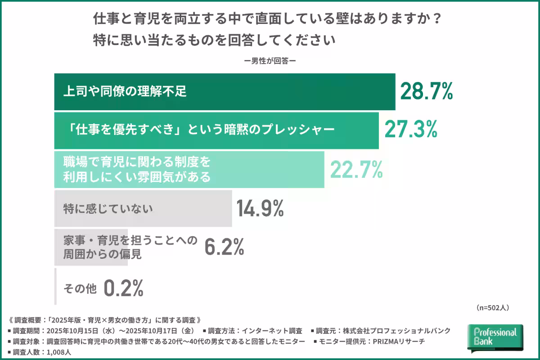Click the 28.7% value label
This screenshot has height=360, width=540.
coord(426,92)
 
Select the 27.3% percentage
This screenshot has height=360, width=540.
coord(410,130)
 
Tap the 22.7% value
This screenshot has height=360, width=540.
coord(356,170)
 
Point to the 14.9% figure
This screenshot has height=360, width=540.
coord(260,208)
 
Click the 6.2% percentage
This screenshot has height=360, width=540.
coord(224,247)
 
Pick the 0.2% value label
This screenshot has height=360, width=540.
coord(123,288)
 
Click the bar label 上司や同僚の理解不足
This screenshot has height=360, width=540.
coord(124,92)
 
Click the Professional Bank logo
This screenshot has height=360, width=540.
coord(495,337)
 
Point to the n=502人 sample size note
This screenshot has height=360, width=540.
coord(492,308)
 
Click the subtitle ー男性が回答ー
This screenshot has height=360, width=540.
coord(270,61)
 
